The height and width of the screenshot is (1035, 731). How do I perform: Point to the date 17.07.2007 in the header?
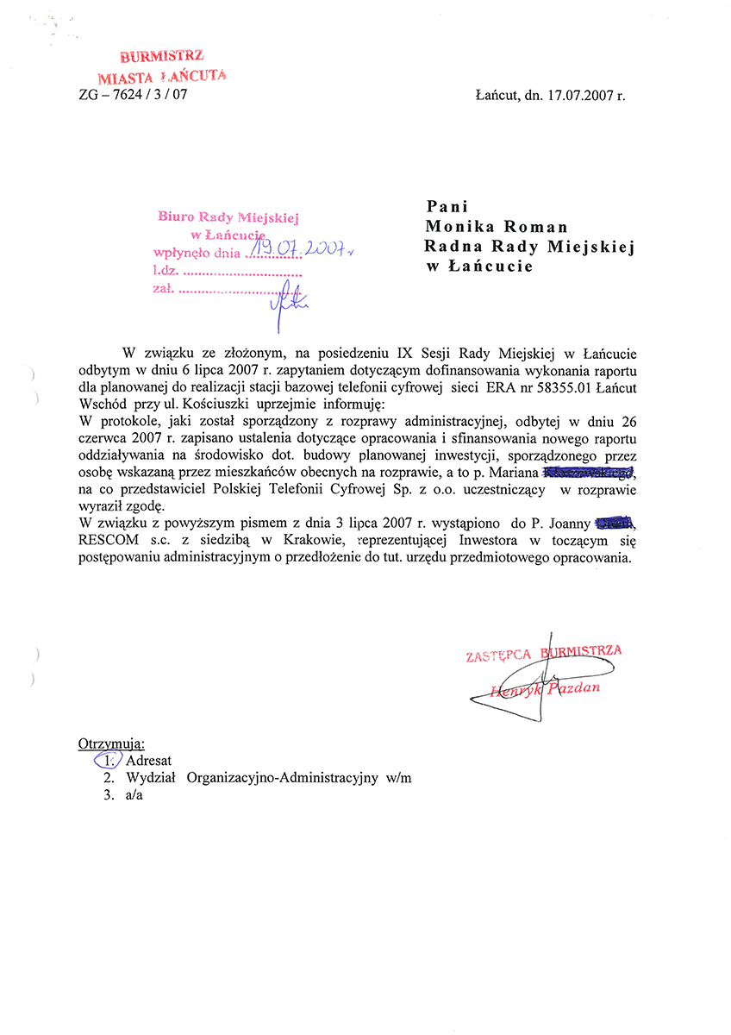pos(577,97)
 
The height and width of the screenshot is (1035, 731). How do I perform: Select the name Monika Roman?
pos(497,228)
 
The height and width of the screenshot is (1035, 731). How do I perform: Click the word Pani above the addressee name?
pos(447,207)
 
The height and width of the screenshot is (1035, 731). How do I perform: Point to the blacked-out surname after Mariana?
pos(588,472)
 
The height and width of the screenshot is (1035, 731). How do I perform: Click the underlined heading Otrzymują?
pos(111,743)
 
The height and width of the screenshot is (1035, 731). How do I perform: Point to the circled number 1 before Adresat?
pos(108,761)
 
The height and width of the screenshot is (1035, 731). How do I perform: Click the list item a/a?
pos(134,796)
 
